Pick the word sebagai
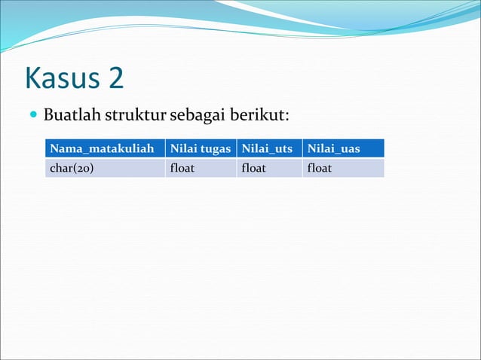pos(197,117)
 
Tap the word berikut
pos(257,117)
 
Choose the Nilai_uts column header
pos(267,149)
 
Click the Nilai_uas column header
pos(333,149)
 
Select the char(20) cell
pos(72,168)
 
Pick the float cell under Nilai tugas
pos(182,168)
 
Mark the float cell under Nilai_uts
pos(253,168)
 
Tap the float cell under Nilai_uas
pos(320,168)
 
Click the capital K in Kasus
pos(32,78)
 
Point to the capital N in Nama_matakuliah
pos(54,149)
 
